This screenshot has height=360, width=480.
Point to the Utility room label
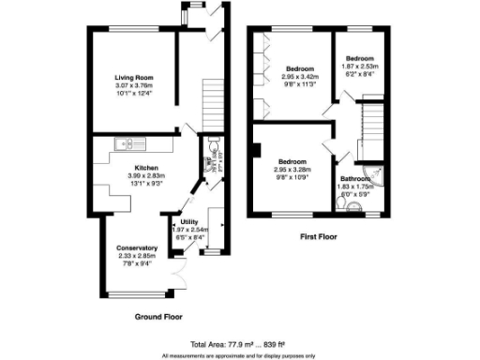coord(187,222)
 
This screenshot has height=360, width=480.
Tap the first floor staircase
coord(374,123)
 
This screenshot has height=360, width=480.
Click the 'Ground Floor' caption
coord(159,316)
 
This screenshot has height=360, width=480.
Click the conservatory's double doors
coord(178,279)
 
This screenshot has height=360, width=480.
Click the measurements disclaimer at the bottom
coord(239,355)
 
